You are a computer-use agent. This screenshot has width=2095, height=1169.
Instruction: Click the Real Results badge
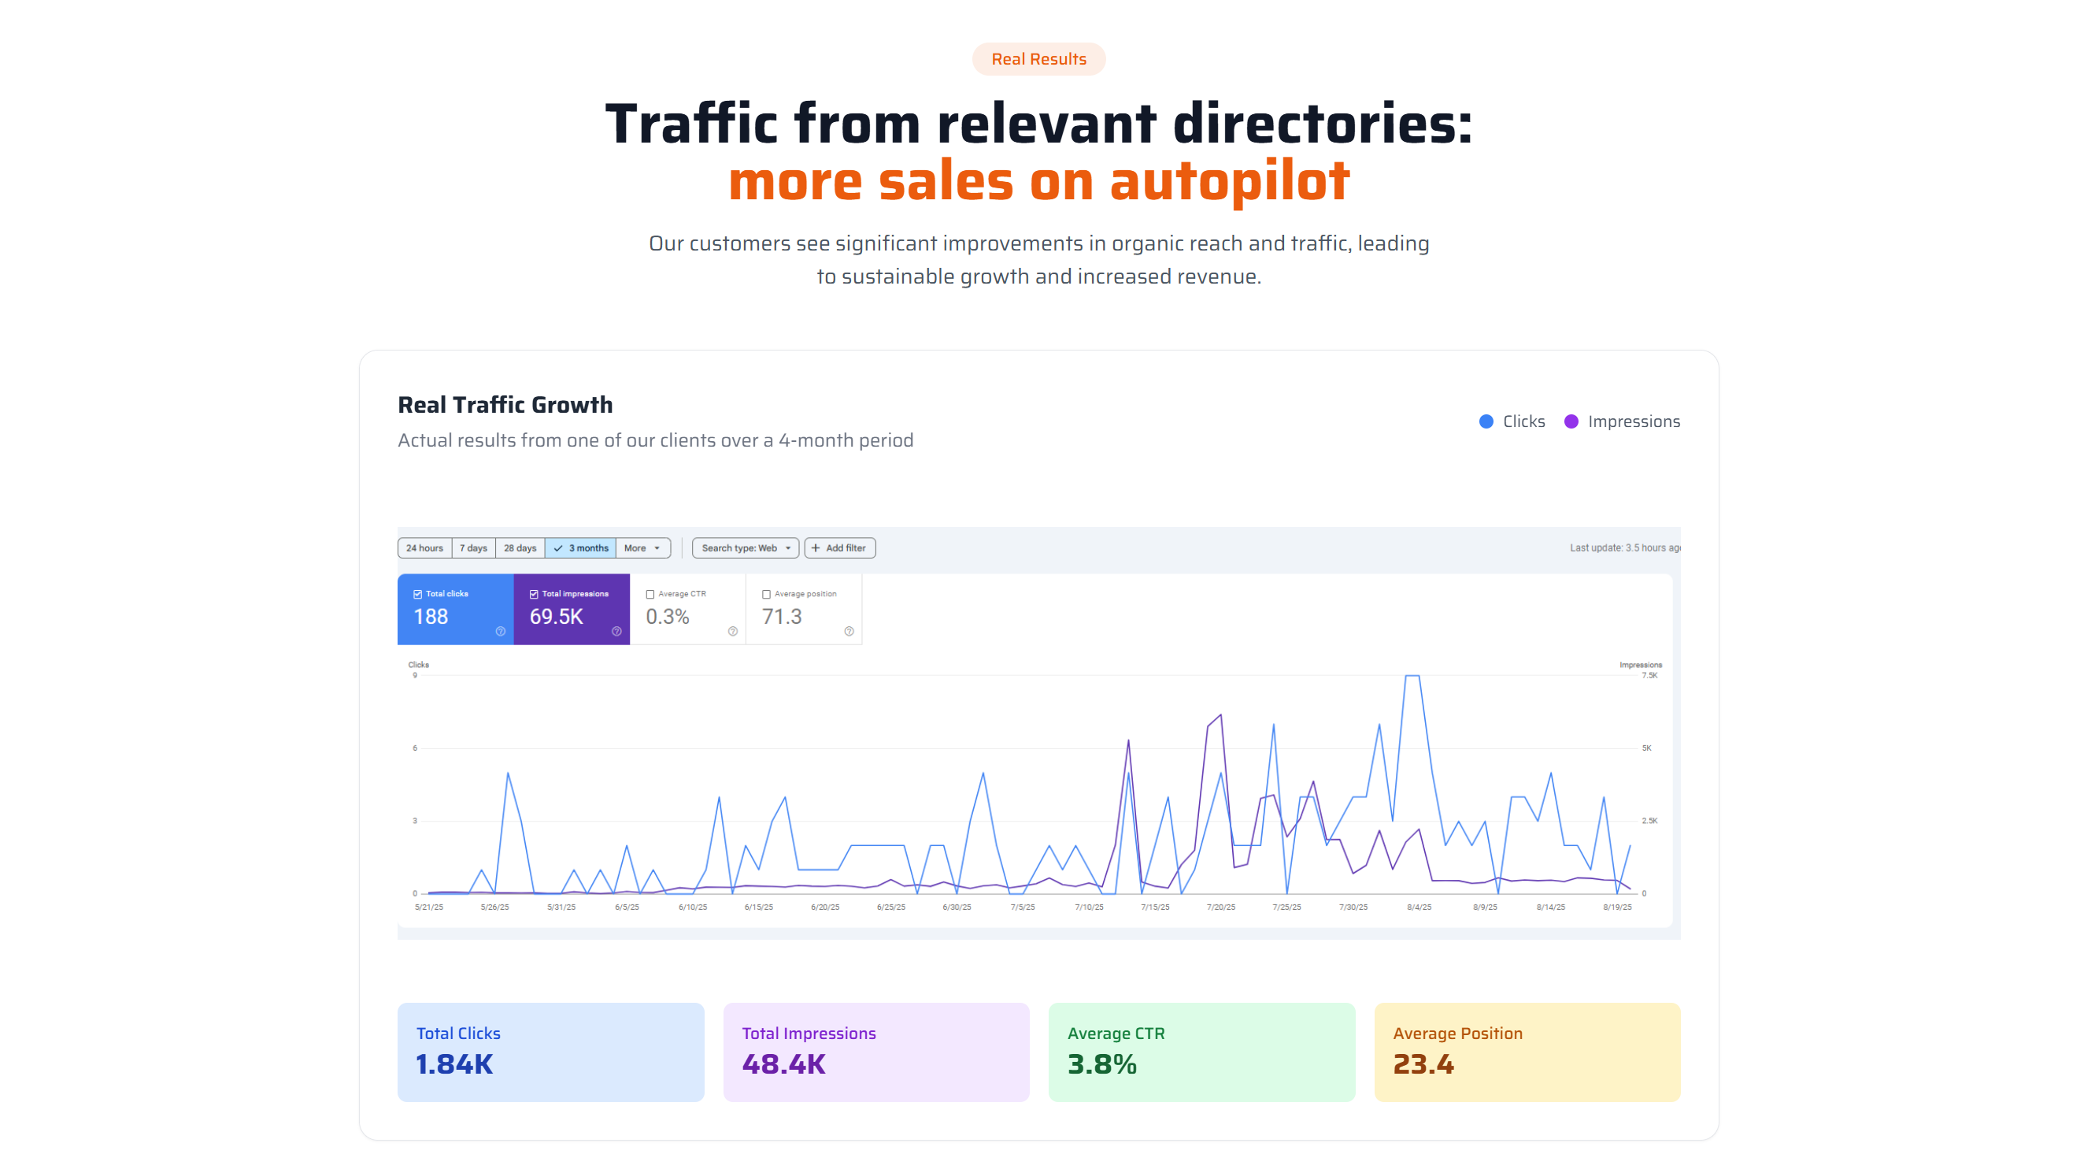(x=1038, y=59)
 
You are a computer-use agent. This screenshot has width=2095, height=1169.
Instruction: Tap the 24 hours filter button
(x=424, y=548)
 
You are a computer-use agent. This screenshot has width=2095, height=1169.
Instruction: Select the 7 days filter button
(x=473, y=548)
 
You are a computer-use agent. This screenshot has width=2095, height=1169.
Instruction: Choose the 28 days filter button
(x=520, y=548)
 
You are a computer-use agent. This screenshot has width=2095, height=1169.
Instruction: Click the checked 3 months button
(x=581, y=548)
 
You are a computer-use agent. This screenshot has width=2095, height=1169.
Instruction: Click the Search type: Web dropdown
(x=745, y=548)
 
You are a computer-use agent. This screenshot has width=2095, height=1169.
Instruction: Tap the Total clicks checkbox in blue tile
(x=418, y=595)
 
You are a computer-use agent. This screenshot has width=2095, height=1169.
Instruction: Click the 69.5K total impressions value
(x=557, y=617)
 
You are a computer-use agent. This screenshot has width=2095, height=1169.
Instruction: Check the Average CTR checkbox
(x=650, y=595)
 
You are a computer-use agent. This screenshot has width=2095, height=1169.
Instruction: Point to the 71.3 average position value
(x=782, y=617)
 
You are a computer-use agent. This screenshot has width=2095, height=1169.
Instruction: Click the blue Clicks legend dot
(x=1486, y=421)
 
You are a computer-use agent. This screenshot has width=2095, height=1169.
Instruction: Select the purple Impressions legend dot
(x=1571, y=421)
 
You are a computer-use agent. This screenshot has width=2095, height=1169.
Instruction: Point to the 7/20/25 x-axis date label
(x=1221, y=907)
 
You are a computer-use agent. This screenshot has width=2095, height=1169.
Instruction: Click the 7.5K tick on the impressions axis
(x=1649, y=675)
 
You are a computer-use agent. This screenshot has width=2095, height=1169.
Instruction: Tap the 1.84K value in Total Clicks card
(x=453, y=1064)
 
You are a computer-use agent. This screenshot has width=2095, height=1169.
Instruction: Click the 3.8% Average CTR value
(x=1102, y=1064)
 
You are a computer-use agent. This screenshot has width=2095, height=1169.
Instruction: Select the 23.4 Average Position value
(x=1423, y=1064)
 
